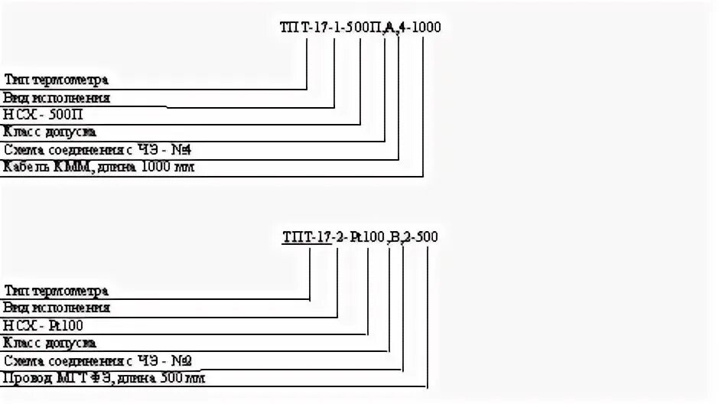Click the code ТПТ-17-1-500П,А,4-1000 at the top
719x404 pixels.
tap(359, 28)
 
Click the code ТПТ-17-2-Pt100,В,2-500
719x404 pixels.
tap(359, 237)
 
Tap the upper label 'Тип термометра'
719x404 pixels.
tap(57, 80)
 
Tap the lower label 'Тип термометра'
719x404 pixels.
tap(57, 291)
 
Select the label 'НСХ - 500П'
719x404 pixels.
tap(43, 114)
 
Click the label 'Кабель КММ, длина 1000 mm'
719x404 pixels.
tap(99, 167)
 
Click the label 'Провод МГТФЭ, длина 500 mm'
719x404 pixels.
tap(104, 378)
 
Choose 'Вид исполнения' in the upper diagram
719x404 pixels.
tap(57, 97)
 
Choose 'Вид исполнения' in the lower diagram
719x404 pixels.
tap(57, 308)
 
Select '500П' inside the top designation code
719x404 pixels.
tap(366, 28)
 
